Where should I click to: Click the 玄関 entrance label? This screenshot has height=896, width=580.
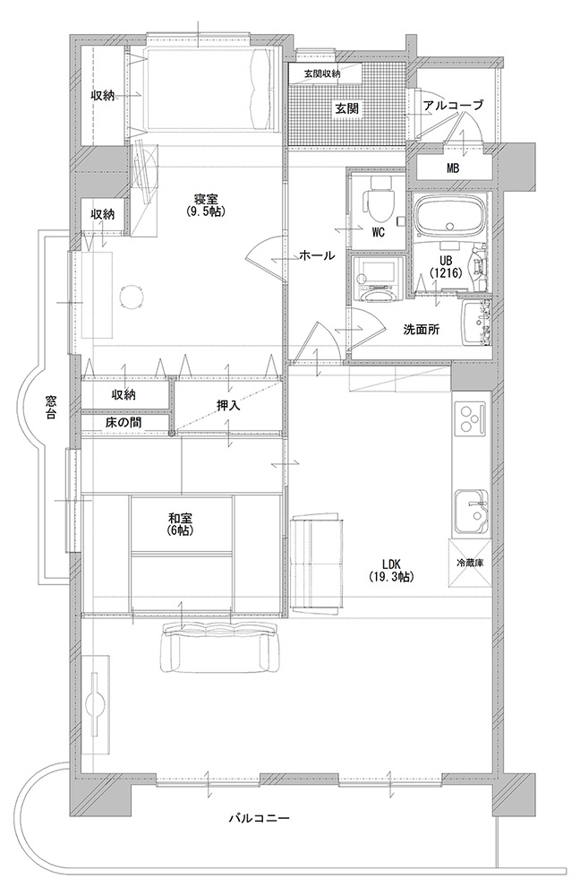click(346, 108)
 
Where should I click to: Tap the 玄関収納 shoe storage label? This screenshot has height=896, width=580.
click(322, 73)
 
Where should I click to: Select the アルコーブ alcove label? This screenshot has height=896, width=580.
click(453, 105)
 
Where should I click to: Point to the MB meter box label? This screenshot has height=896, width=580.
click(453, 168)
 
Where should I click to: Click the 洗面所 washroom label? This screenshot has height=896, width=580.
click(422, 329)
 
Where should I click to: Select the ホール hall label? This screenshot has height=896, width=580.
click(317, 255)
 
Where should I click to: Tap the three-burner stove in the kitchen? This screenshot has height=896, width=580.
click(471, 418)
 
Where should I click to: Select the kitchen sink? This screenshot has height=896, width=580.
click(472, 511)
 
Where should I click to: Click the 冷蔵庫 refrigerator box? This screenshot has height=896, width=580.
click(471, 563)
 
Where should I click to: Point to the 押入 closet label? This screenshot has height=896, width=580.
click(227, 405)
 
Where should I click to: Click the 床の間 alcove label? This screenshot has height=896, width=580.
click(124, 423)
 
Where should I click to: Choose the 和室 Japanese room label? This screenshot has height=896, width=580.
click(181, 524)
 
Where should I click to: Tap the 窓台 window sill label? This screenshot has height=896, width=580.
click(50, 408)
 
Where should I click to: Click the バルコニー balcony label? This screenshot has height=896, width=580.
click(260, 818)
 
